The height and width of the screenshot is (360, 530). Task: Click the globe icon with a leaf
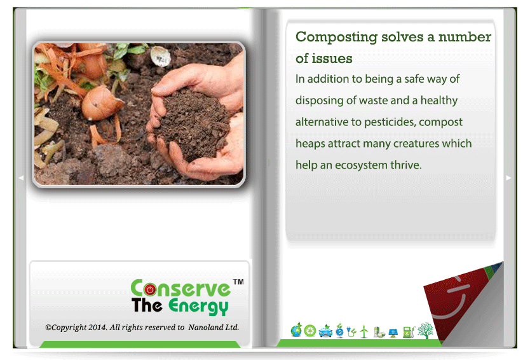(x=296, y=330)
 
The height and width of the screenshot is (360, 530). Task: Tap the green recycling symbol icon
(x=310, y=331)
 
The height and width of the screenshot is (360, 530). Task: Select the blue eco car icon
(x=325, y=331)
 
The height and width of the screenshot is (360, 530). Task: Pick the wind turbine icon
(x=364, y=331)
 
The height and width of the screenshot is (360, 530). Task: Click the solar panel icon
(x=393, y=333)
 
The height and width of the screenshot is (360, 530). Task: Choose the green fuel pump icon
(x=409, y=332)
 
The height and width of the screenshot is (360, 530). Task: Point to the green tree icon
(x=425, y=331)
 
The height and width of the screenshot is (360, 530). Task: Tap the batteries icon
(x=379, y=332)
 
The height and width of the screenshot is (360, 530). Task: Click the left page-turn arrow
(x=21, y=177)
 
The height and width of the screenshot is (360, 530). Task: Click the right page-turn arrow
(x=508, y=177)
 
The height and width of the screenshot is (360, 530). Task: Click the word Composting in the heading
(x=336, y=38)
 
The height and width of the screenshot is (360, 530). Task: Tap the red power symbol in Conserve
(x=150, y=289)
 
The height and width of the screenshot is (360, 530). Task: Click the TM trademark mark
(x=238, y=282)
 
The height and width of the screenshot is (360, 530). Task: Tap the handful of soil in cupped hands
(x=192, y=125)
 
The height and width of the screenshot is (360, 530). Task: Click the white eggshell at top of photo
(x=160, y=56)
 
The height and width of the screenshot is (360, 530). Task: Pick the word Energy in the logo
(x=198, y=306)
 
